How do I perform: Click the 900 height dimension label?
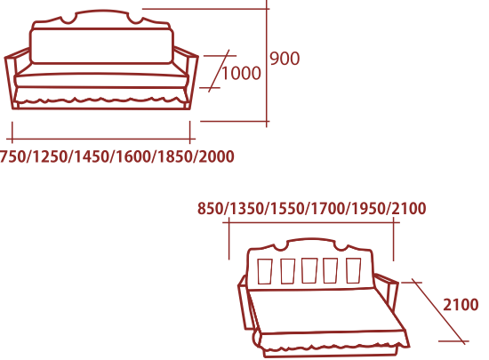[x=285, y=59]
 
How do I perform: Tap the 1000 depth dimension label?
[x=241, y=73]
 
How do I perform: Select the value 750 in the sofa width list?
[x=12, y=156]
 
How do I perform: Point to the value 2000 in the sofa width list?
[x=216, y=156]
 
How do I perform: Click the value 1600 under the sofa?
[x=133, y=156]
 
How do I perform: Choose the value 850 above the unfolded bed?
[x=211, y=208]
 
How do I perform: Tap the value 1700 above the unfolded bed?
[x=328, y=208]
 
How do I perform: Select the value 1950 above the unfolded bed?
[x=369, y=208]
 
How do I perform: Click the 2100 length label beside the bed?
[x=461, y=305]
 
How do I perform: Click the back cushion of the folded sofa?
[x=101, y=46]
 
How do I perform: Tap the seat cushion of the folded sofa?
[x=101, y=80]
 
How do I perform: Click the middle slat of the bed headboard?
[x=309, y=270]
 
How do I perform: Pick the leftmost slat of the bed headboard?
[x=265, y=271]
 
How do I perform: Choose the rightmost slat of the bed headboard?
[x=354, y=270]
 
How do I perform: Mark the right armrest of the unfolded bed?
[x=387, y=292]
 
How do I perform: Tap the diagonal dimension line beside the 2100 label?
[x=438, y=312]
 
